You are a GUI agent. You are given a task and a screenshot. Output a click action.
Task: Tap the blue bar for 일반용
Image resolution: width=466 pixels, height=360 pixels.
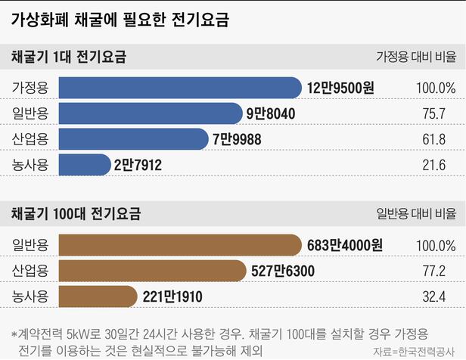tap(151, 113)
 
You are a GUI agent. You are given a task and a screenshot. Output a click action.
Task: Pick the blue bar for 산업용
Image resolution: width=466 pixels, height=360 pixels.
tap(133, 139)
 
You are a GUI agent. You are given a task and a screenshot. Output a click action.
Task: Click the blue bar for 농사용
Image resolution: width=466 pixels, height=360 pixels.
tap(85, 164)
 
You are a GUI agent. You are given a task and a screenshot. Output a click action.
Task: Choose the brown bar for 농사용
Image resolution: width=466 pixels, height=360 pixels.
tap(98, 296)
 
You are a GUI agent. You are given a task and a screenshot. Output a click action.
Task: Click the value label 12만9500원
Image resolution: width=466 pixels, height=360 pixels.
tap(340, 88)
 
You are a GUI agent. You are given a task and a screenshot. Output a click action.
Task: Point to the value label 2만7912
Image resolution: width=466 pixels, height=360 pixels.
tap(138, 164)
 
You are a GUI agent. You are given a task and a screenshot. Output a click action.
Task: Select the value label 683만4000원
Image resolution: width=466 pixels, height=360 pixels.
tap(345, 245)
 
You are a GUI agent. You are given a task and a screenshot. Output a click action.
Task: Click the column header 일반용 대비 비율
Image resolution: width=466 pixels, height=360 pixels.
tap(416, 214)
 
